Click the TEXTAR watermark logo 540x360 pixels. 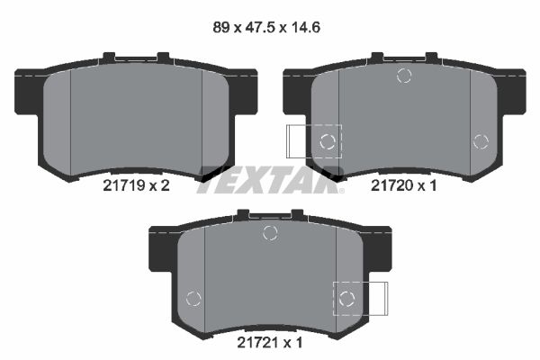[270, 177]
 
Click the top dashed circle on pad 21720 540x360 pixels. [403, 76]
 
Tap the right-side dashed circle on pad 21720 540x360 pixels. [480, 140]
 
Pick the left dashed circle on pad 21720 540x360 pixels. [328, 140]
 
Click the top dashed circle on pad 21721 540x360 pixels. [269, 234]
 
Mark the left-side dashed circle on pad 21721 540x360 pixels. [192, 299]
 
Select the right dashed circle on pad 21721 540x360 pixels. [346, 299]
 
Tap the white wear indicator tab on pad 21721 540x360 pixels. [374, 298]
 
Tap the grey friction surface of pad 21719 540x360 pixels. [135, 117]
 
